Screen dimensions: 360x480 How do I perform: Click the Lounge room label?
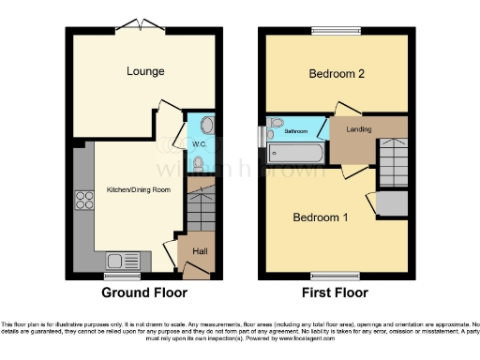point(147,71)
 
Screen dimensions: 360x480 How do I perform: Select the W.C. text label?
point(199,144)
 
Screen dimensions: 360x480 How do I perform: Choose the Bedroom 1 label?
point(321,217)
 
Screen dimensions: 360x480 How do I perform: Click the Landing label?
point(356,129)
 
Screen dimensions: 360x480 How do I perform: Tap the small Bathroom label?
point(296,132)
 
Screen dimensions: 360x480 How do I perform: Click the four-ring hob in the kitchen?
point(82,200)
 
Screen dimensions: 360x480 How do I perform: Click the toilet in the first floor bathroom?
point(277,124)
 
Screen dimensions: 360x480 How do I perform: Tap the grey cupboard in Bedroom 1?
point(393,202)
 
